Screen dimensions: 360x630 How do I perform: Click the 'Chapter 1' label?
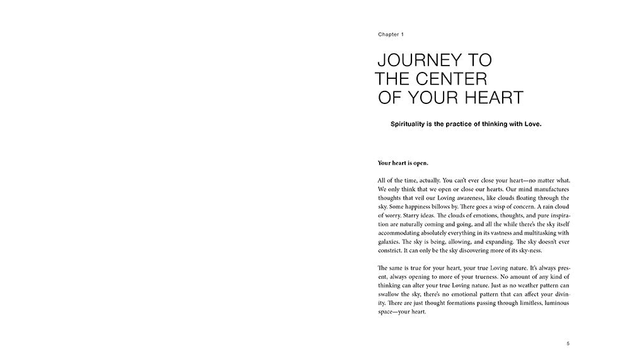tap(391, 35)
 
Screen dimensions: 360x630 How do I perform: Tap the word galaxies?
tap(392, 241)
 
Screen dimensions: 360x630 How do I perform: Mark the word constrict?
tap(392, 250)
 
